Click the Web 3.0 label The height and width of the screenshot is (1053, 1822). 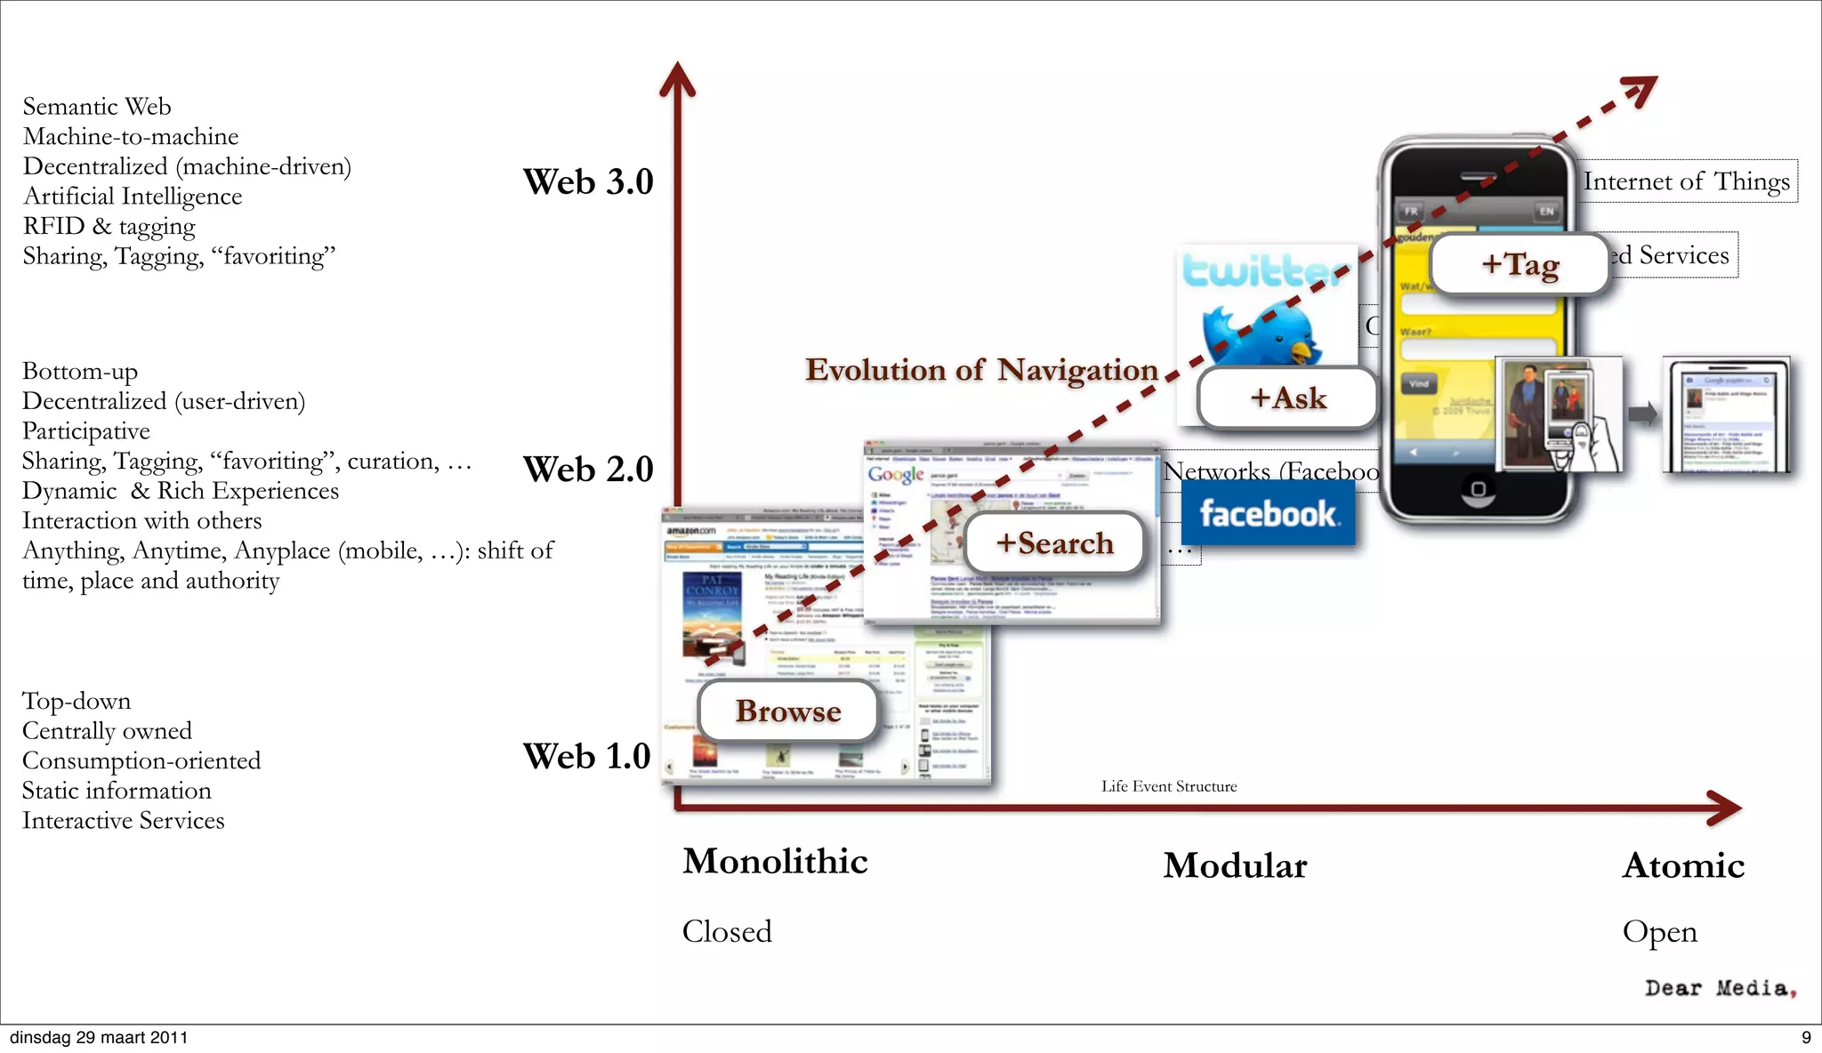[x=588, y=181]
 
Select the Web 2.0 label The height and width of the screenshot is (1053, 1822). [x=588, y=469]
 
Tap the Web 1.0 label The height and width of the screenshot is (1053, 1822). [x=586, y=756]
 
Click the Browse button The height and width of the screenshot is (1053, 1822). [x=788, y=711]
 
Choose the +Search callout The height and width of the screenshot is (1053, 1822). [x=1054, y=543]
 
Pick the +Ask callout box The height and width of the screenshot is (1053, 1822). [x=1287, y=398]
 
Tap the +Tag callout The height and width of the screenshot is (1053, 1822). [x=1520, y=264]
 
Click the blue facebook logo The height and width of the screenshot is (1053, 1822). [x=1268, y=513]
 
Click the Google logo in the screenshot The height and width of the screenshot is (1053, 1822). [x=896, y=474]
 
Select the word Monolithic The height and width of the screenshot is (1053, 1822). [x=775, y=861]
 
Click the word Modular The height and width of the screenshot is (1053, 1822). [x=1235, y=865]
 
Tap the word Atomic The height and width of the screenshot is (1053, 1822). [x=1683, y=865]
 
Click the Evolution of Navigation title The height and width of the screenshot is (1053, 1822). [x=981, y=370]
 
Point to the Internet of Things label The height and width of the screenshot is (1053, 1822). [x=1686, y=181]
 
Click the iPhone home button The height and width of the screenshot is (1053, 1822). [x=1478, y=489]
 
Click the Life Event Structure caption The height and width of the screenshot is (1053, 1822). [x=1169, y=786]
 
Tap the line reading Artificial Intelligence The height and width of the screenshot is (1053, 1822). [x=133, y=197]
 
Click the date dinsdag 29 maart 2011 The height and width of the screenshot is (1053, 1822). [x=99, y=1037]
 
